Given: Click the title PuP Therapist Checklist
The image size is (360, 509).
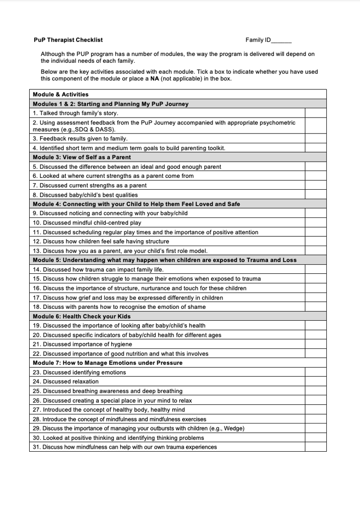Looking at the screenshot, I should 68,40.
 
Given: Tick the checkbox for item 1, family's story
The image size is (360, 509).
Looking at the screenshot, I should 315,113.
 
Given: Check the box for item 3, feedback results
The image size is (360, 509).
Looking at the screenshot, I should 315,138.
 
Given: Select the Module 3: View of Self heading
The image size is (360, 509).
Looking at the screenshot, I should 82,157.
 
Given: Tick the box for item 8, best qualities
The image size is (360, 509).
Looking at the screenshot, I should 315,195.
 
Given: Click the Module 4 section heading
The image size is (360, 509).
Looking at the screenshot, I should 136,204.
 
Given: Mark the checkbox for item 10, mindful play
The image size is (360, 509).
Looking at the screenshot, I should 315,222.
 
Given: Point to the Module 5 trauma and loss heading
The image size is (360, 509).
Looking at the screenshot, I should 165,260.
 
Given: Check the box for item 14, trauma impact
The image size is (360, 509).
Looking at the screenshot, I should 315,269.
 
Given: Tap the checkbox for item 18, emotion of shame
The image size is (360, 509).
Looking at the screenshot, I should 315,306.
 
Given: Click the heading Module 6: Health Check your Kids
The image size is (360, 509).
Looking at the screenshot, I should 82,316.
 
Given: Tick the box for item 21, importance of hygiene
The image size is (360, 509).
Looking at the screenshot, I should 315,344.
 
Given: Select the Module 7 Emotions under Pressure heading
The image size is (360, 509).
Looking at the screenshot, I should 107,363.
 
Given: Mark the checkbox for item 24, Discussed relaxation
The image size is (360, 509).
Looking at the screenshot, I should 315,382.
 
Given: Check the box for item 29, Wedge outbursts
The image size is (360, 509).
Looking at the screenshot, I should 315,428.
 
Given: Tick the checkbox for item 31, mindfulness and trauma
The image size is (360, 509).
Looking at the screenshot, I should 315,447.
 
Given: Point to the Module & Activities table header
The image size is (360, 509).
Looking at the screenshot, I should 60,94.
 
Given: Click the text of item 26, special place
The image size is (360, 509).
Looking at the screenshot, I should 112,400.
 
